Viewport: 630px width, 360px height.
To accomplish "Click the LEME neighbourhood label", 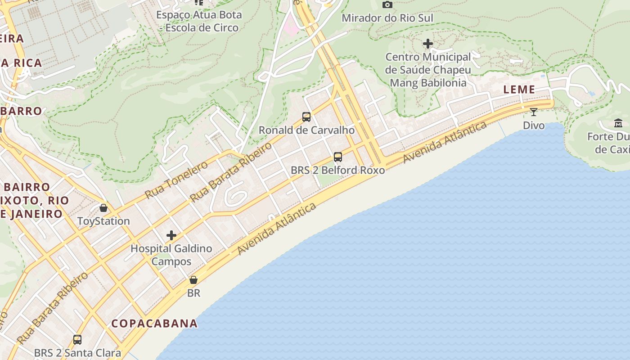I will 519,90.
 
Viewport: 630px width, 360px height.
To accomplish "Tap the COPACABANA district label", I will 154,324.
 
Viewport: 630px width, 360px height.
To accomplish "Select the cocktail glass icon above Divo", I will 534,112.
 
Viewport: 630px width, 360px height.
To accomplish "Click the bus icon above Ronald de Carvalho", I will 306,117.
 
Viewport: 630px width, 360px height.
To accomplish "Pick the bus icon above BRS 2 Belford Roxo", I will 338,157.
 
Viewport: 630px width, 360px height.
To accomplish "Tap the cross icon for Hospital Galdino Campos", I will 171,235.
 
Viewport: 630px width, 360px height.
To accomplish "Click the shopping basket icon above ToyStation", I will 103,208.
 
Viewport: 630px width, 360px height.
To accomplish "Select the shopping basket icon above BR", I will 193,280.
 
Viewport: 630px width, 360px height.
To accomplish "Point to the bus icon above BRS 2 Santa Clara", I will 77,340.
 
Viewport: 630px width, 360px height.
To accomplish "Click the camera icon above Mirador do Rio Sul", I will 387,5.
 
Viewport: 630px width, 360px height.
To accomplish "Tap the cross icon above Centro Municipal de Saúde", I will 428,44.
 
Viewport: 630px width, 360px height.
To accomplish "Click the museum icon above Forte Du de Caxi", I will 618,123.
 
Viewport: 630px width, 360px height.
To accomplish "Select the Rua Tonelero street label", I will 176,180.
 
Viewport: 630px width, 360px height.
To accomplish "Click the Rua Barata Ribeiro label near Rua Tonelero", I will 231,172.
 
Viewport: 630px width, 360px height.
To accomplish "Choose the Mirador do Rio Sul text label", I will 387,18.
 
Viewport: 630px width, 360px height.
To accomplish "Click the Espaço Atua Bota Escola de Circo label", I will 199,21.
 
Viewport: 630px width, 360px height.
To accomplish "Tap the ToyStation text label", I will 103,221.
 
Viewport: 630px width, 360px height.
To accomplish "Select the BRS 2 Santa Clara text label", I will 77,353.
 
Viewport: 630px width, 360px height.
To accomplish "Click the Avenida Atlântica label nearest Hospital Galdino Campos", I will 277,229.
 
